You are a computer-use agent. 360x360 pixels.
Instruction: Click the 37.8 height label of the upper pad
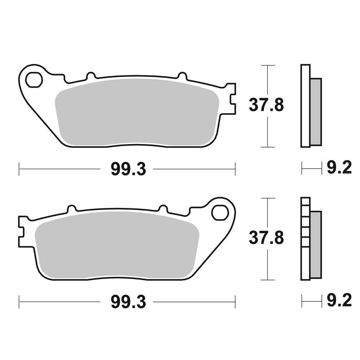(266, 105)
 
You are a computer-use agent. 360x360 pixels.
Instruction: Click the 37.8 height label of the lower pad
(266, 238)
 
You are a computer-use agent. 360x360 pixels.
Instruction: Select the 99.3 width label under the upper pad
(128, 170)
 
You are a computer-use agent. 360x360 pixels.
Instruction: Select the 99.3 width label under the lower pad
(128, 301)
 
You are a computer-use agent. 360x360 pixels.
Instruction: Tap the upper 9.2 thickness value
(339, 167)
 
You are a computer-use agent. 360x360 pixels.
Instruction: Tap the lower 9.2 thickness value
(339, 300)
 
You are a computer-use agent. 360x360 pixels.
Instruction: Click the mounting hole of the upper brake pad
(34, 80)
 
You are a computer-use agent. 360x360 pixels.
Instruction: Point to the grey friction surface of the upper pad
(137, 112)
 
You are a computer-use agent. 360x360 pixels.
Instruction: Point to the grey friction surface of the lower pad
(117, 245)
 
